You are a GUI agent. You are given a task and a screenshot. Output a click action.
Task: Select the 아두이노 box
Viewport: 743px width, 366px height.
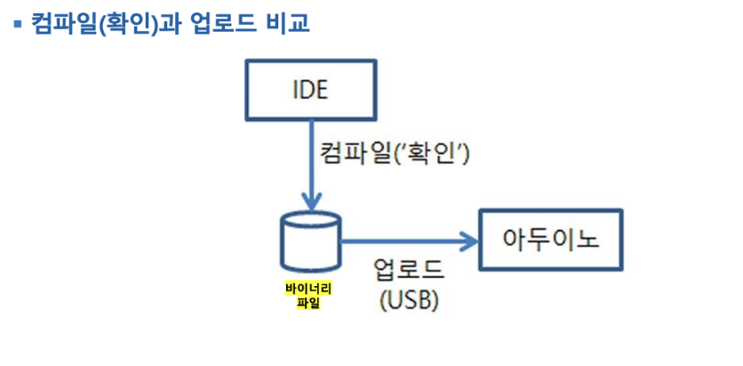pos(551,240)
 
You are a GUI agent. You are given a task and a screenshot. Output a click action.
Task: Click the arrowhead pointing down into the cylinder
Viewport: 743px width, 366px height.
pos(310,201)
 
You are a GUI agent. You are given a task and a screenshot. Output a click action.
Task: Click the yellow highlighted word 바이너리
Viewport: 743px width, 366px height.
pos(308,289)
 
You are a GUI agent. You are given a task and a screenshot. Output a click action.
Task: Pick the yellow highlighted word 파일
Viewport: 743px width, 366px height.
pos(308,303)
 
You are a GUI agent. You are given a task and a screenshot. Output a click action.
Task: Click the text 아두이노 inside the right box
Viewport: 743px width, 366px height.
pos(551,240)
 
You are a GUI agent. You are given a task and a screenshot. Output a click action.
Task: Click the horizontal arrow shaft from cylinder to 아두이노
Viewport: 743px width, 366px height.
pos(400,240)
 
